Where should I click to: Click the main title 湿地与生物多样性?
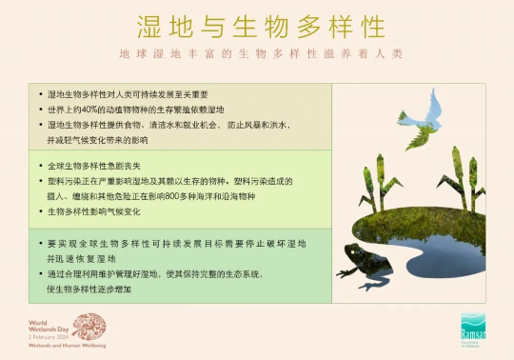256,26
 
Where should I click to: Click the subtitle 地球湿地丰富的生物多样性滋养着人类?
256,56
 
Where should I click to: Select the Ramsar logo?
473,329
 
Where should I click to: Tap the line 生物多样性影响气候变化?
92,210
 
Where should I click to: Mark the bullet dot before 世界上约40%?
41,110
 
